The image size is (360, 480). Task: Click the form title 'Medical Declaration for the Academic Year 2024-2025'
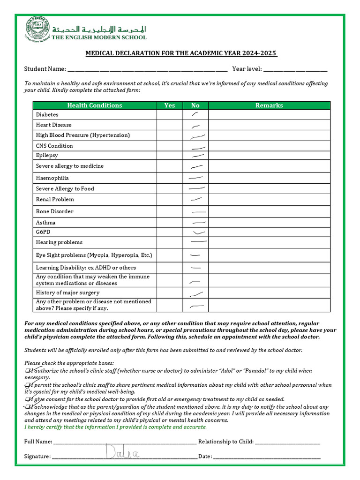point(181,53)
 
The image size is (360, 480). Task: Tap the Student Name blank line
point(147,70)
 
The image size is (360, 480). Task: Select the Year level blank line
point(295,70)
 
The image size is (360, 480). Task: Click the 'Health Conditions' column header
point(95,105)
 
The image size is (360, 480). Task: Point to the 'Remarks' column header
point(269,105)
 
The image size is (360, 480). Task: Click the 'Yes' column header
point(170,105)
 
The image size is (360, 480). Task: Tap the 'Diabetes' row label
point(47,114)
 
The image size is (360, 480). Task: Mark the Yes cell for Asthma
point(170,223)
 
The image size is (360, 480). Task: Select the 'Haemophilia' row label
point(52,178)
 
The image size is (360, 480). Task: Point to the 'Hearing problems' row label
point(59,242)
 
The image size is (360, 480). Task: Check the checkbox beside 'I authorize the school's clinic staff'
point(27,371)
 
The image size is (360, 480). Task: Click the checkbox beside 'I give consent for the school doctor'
point(27,399)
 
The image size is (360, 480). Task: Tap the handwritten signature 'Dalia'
point(117,453)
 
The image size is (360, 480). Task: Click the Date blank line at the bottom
point(267,457)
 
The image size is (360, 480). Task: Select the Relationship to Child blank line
point(288,442)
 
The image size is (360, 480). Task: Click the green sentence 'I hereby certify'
point(115,427)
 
